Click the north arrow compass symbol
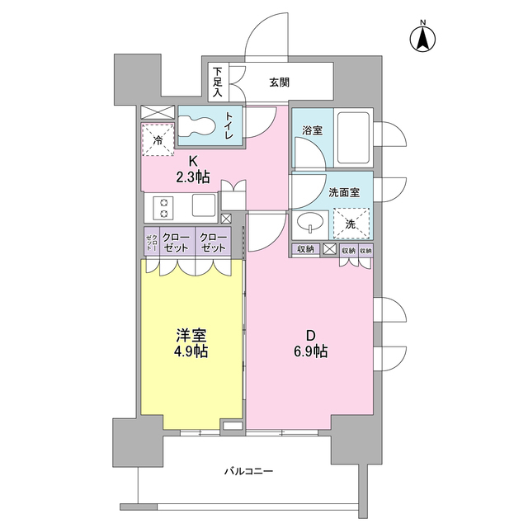422,38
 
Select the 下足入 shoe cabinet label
218,81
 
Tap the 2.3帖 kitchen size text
191,177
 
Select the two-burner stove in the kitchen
163,205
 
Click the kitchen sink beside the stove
203,205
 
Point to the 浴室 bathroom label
311,130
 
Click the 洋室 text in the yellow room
191,335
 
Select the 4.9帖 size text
191,351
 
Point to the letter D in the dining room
311,335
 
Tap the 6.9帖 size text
311,351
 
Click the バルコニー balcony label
247,471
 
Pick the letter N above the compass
422,22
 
